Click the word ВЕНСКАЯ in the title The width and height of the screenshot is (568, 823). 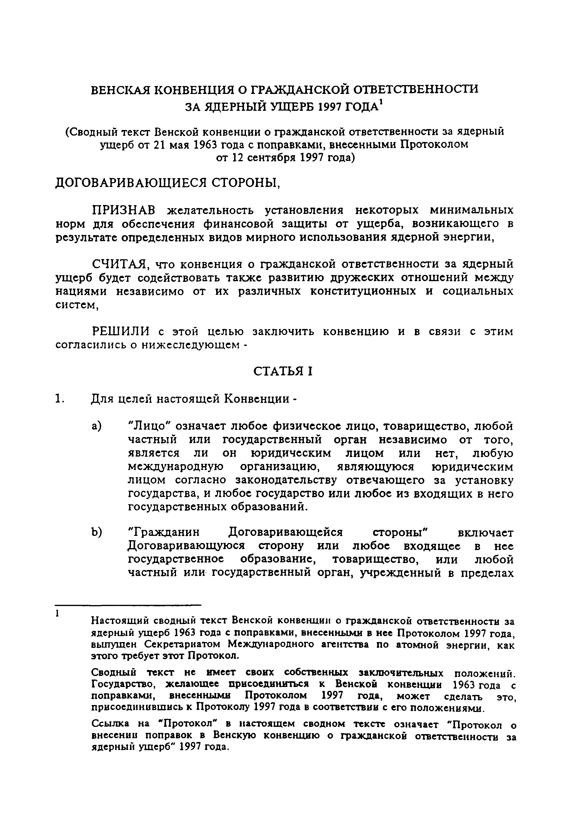click(x=119, y=89)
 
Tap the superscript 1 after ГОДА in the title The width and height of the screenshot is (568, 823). click(x=381, y=103)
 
